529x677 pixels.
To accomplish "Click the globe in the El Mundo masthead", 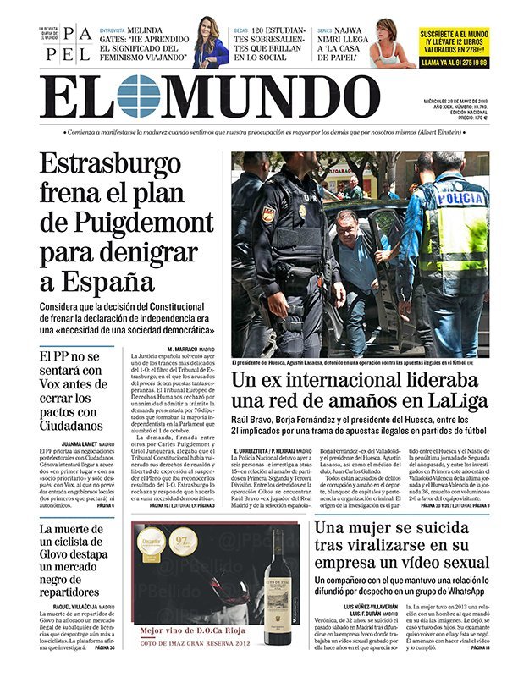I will click(x=138, y=96).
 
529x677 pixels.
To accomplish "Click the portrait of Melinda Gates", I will click(x=209, y=43).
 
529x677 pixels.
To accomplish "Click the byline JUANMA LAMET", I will click(x=70, y=443).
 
